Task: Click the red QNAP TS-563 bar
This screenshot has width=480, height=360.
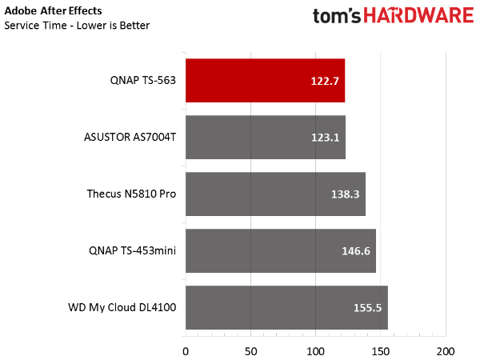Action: pyautogui.click(x=265, y=81)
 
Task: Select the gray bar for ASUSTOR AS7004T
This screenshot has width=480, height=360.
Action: pyautogui.click(x=266, y=137)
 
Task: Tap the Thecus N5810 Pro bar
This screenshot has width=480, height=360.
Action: pyautogui.click(x=275, y=194)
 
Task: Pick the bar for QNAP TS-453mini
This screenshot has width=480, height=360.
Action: pyautogui.click(x=281, y=250)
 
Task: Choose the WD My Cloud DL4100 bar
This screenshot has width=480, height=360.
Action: pyautogui.click(x=286, y=308)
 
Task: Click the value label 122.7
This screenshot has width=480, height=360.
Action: pyautogui.click(x=325, y=81)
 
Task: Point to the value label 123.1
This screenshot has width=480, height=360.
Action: pyautogui.click(x=325, y=138)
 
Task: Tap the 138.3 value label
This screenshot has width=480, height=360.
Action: pyautogui.click(x=346, y=194)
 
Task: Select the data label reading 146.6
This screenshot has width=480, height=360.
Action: pyautogui.click(x=356, y=251)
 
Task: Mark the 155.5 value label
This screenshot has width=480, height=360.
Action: pyautogui.click(x=368, y=308)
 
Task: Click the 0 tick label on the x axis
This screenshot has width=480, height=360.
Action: pyautogui.click(x=186, y=352)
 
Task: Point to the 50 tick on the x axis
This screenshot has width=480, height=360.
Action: pyautogui.click(x=250, y=352)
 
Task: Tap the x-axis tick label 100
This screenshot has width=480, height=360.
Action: pyautogui.click(x=316, y=352)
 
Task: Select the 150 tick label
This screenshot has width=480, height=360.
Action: pyautogui.click(x=381, y=352)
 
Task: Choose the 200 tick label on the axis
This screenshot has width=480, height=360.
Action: pyautogui.click(x=446, y=352)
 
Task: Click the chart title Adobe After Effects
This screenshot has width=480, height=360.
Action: pyautogui.click(x=53, y=11)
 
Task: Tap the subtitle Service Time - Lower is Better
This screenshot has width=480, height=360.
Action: pyautogui.click(x=77, y=26)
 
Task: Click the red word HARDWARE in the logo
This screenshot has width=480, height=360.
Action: pyautogui.click(x=418, y=15)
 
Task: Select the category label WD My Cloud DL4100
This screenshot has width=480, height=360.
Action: pyautogui.click(x=122, y=307)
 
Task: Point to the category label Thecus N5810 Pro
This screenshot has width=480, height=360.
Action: pyautogui.click(x=131, y=194)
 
